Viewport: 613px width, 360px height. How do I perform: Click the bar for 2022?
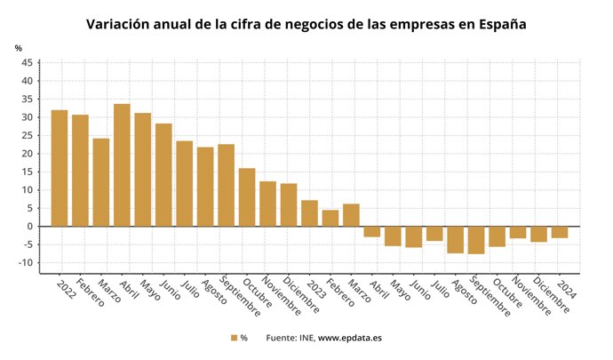pyautogui.click(x=60, y=168)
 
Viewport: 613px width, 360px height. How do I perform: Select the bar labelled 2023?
pyautogui.click(x=309, y=213)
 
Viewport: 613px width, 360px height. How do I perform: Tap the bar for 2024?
pyautogui.click(x=560, y=232)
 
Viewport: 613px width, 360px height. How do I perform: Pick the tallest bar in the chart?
pyautogui.click(x=122, y=165)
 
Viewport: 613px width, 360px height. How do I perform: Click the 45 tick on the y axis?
pyautogui.click(x=28, y=62)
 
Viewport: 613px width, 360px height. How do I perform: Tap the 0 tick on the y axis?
pyautogui.click(x=30, y=227)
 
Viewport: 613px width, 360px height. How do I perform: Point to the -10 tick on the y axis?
pyautogui.click(x=26, y=263)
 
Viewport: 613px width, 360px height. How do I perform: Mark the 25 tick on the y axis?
pyautogui.click(x=28, y=135)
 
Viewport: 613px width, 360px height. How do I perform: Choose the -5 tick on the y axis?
pyautogui.click(x=28, y=244)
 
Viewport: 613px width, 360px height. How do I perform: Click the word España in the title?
pyautogui.click(x=500, y=24)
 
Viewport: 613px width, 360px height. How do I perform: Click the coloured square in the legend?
pyautogui.click(x=234, y=338)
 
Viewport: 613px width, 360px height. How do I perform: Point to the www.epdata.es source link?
pyautogui.click(x=350, y=338)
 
